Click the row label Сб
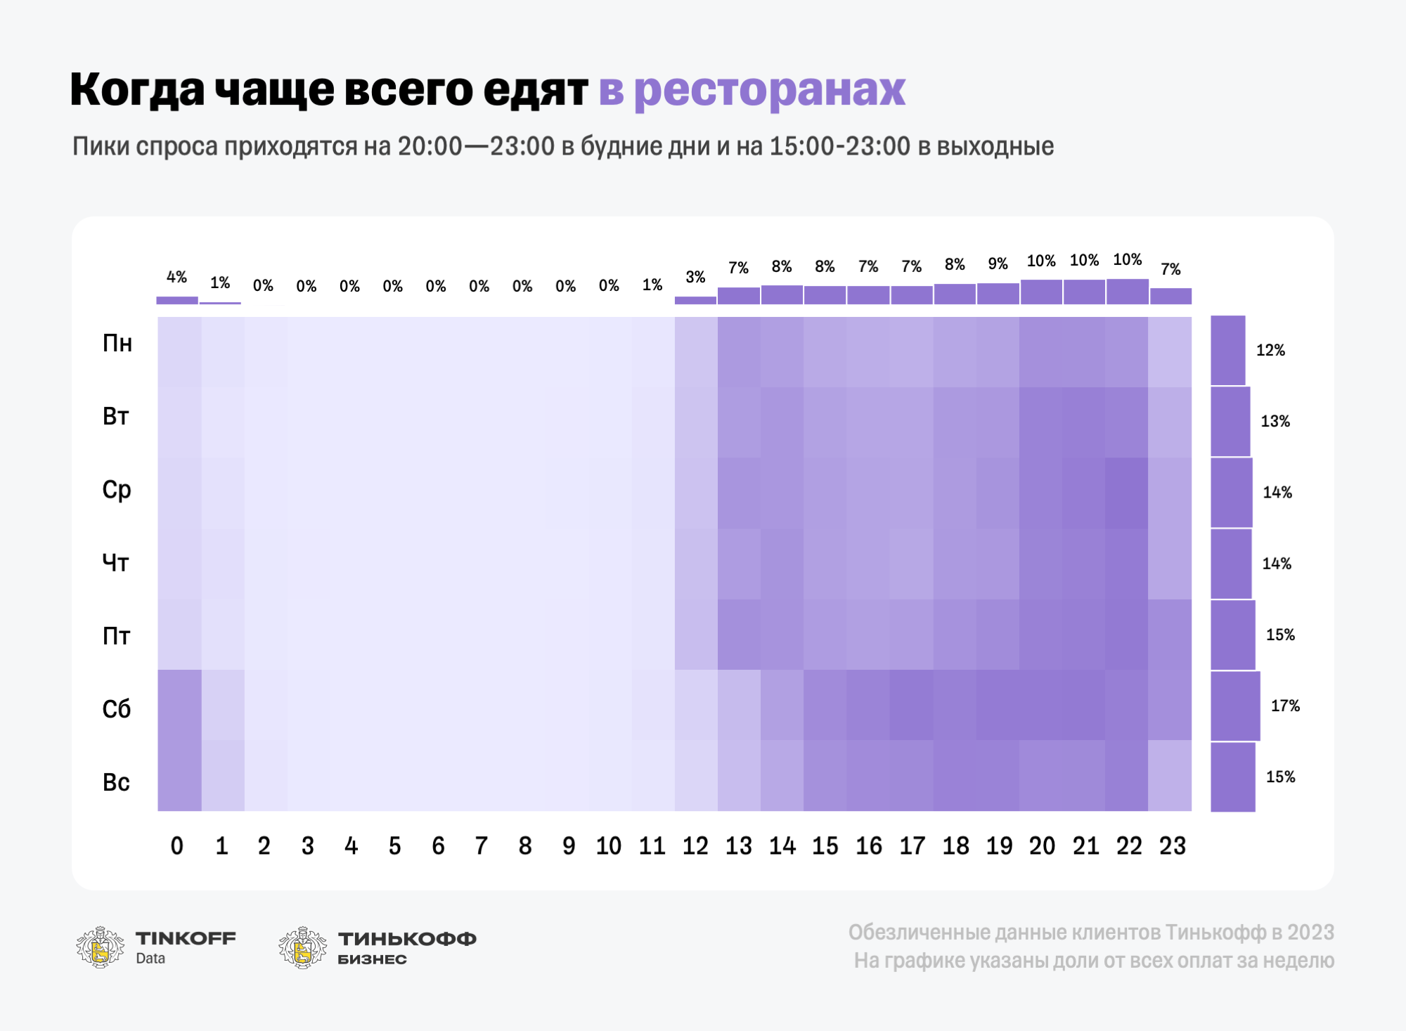(117, 708)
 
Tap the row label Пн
(117, 343)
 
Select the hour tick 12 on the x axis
(695, 845)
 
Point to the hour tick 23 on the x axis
(1172, 845)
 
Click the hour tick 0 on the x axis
(177, 845)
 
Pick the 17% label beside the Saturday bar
(1285, 706)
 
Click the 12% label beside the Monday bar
(1270, 350)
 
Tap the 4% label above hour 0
(176, 277)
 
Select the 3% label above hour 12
(695, 277)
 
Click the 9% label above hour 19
(998, 264)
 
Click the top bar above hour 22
(1128, 292)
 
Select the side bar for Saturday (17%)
(1235, 706)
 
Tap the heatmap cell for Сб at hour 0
(179, 705)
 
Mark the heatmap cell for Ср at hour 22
(1127, 493)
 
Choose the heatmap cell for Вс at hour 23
(1170, 775)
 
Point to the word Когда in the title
(137, 90)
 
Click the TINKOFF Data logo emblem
(100, 947)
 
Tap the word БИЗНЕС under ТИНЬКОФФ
(372, 959)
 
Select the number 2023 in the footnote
(1310, 932)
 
